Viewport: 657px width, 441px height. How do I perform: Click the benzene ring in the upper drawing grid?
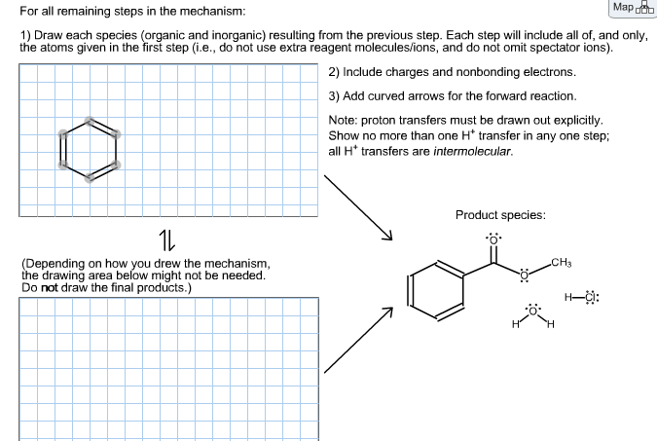tap(89, 150)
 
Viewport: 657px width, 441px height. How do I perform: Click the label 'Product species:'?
tap(500, 215)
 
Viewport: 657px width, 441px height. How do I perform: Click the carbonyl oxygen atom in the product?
tap(493, 239)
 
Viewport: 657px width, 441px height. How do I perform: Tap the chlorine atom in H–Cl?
tap(590, 297)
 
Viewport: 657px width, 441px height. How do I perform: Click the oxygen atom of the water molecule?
tap(531, 312)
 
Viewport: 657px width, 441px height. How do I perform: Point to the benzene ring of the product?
tap(435, 290)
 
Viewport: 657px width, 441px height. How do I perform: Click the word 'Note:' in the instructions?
tap(345, 120)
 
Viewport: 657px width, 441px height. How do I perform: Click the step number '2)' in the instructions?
tap(334, 72)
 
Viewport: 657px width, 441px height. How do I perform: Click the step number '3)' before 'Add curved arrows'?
tap(334, 95)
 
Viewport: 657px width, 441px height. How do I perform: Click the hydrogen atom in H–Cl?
tap(568, 297)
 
